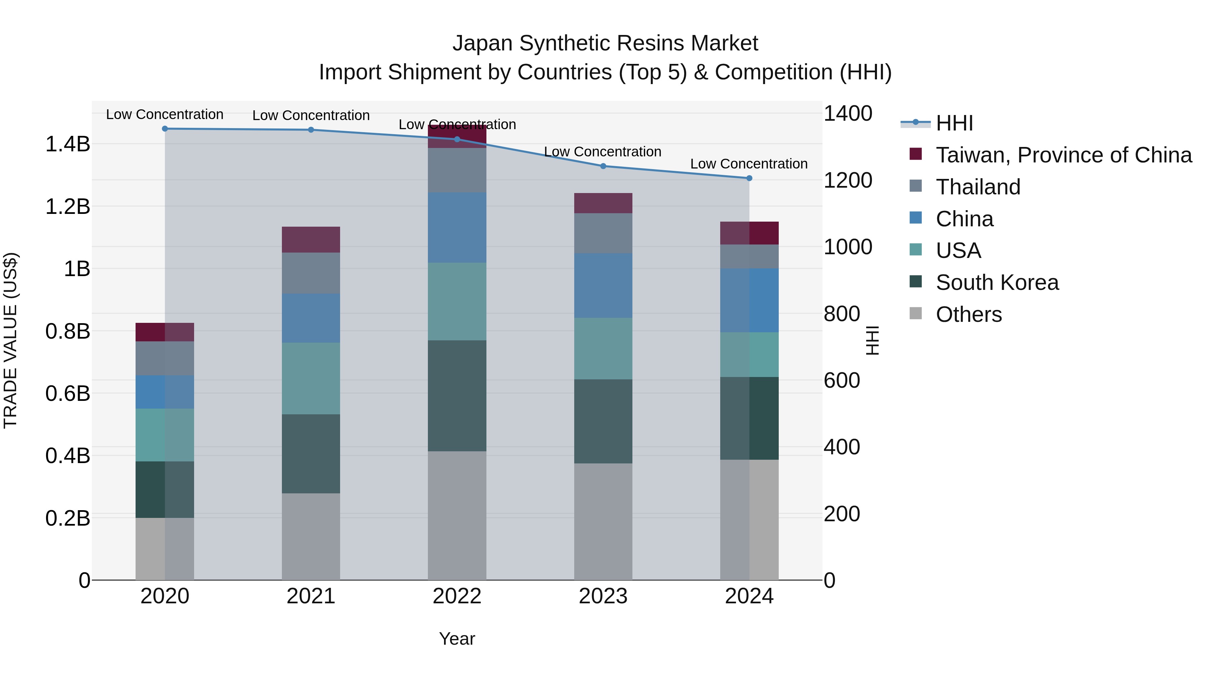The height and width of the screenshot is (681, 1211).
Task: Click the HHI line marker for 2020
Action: (164, 129)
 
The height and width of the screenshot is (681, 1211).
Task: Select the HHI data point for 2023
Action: (603, 166)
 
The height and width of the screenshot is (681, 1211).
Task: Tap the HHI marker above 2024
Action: (749, 178)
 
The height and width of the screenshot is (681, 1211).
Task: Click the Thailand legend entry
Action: (978, 187)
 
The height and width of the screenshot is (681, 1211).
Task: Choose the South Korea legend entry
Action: (997, 282)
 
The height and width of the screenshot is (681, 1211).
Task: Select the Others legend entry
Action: (968, 314)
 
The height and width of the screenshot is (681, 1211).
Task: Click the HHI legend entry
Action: (954, 123)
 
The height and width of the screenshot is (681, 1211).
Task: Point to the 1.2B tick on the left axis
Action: (68, 207)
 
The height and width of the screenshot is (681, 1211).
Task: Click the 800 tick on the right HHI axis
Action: (842, 313)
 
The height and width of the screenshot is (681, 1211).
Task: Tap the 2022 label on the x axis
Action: (457, 596)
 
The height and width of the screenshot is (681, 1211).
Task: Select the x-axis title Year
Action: (457, 639)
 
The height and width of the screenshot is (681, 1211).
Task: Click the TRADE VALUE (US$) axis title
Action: (10, 340)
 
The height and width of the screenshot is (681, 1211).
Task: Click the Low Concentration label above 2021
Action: (311, 115)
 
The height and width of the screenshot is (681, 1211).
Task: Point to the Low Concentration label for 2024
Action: (748, 163)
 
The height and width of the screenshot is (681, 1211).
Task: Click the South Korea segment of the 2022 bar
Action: (457, 396)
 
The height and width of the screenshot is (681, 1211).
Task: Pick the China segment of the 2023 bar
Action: (603, 285)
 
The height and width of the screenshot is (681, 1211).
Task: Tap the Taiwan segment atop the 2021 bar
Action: (311, 240)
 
